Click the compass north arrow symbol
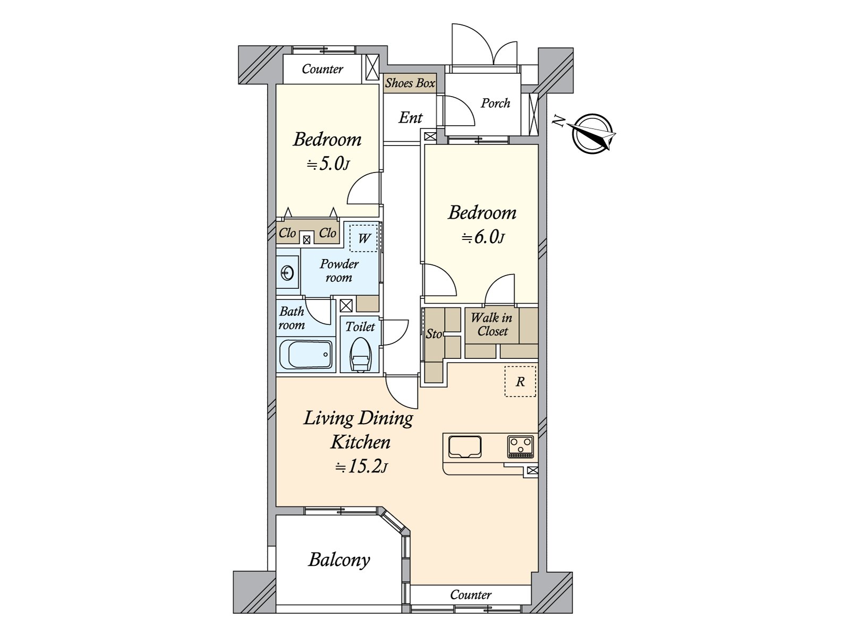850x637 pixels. tap(592, 134)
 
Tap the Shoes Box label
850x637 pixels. tap(410, 83)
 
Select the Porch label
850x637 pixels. tap(495, 104)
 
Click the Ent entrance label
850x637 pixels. tap(411, 117)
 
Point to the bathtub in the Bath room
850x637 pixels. tap(306, 354)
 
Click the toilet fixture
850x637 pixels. tap(360, 355)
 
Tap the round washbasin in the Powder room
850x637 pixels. tap(287, 273)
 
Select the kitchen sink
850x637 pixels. tap(465, 447)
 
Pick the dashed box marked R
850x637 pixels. tap(520, 381)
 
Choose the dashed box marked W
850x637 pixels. tap(363, 238)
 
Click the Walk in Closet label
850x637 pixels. tap(492, 324)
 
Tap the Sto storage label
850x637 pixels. tap(433, 334)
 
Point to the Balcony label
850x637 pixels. tap(339, 560)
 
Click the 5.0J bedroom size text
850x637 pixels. tap(328, 165)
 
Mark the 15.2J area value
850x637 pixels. tap(361, 467)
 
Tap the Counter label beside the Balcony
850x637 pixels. tap(471, 595)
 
